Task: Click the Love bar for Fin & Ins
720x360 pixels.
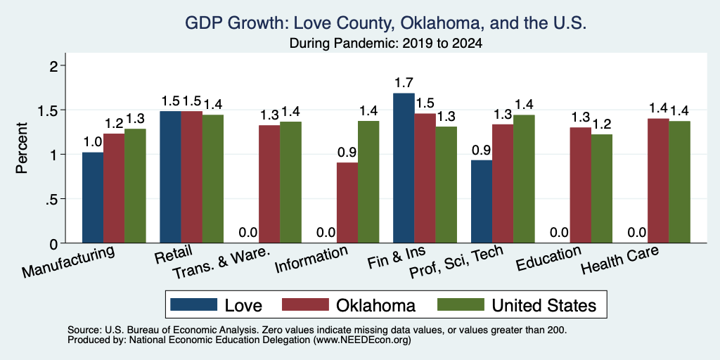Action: click(404, 168)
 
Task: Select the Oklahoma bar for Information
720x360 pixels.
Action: click(347, 202)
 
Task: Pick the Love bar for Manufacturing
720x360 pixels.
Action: click(93, 198)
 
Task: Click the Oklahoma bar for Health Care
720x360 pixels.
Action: click(658, 181)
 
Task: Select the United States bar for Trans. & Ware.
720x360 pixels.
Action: click(290, 182)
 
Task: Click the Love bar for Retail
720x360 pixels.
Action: click(170, 176)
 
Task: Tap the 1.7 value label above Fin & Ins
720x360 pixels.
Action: click(404, 83)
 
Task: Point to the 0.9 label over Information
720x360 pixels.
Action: click(347, 153)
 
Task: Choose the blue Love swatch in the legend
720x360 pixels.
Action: click(193, 304)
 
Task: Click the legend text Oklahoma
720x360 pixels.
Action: click(375, 305)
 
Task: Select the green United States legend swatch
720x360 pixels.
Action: click(461, 304)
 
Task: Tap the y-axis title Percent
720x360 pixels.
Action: click(22, 148)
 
